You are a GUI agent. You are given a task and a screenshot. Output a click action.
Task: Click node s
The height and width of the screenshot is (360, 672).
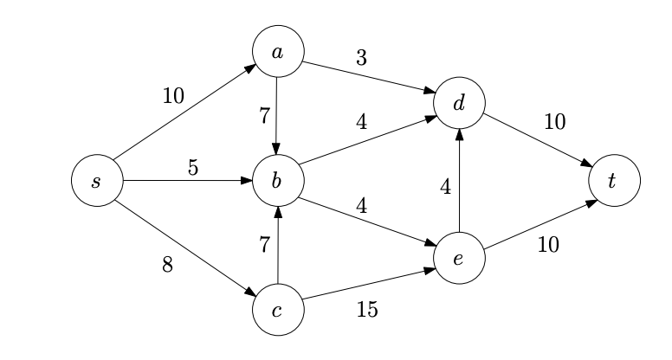point(96,181)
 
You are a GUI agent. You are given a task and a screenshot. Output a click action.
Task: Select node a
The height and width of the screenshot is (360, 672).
point(277,52)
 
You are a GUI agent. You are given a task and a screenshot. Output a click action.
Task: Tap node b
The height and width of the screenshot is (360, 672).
point(277,181)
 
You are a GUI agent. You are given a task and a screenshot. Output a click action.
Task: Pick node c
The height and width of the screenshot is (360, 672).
point(277,309)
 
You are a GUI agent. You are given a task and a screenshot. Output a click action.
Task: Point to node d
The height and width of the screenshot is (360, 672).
point(459,104)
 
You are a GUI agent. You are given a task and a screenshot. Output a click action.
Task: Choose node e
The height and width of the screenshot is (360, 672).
point(459,258)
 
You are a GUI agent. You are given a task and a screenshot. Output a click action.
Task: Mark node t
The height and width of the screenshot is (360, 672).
point(614,181)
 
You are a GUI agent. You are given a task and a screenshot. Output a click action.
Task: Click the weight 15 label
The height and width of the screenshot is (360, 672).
point(367,309)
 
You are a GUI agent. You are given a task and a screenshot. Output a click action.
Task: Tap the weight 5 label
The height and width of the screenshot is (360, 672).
point(193,167)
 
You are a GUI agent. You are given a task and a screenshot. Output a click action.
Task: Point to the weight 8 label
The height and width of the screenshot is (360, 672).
point(167,266)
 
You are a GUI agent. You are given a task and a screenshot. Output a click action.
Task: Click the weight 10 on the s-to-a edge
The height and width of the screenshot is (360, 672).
point(173,95)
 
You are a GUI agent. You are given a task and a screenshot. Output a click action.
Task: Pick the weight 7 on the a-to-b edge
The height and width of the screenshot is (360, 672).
point(264,116)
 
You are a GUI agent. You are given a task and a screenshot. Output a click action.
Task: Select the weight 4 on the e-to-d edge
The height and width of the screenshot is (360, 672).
point(446,186)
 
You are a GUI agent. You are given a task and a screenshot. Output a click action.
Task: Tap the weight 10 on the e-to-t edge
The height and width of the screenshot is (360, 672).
point(547,245)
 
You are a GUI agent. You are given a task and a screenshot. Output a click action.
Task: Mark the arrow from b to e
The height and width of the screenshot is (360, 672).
point(368,220)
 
